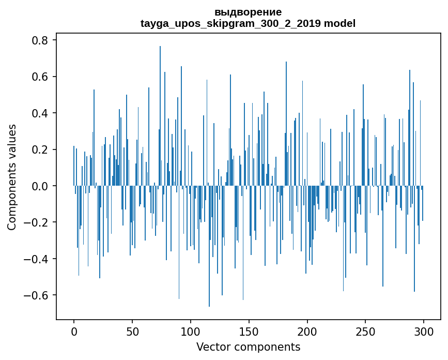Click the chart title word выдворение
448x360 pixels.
click(248, 12)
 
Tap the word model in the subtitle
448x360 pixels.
click(339, 23)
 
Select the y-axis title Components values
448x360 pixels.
click(12, 177)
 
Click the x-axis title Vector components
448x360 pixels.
click(248, 347)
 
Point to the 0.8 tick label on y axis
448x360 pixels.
click(41, 40)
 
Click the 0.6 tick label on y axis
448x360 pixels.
click(41, 77)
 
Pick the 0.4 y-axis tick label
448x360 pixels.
click(41, 113)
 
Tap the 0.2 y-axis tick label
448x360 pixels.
click(41, 149)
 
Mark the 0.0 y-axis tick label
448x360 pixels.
click(41, 186)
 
